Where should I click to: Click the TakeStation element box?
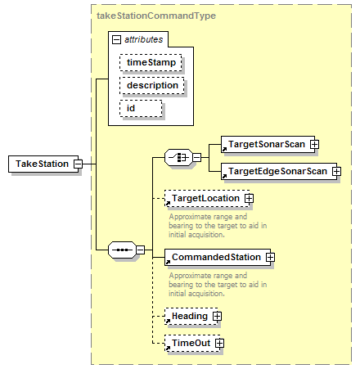43,164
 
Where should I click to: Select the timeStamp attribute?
151,63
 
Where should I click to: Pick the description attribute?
152,86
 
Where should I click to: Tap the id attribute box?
141,109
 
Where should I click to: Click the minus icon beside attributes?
116,40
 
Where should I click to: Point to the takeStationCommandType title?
156,16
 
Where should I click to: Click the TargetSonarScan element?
268,144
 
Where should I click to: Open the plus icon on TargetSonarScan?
314,144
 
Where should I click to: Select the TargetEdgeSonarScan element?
279,171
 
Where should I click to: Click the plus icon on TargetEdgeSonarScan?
336,171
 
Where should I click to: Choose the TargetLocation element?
207,198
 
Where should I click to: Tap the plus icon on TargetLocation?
249,198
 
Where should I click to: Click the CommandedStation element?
218,257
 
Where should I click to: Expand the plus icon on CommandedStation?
270,257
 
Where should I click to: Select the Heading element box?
191,317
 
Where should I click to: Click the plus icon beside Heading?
217,317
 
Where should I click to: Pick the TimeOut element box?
192,344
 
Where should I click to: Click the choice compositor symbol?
178,157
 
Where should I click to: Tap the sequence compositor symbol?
122,250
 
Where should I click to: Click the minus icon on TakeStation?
79,164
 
